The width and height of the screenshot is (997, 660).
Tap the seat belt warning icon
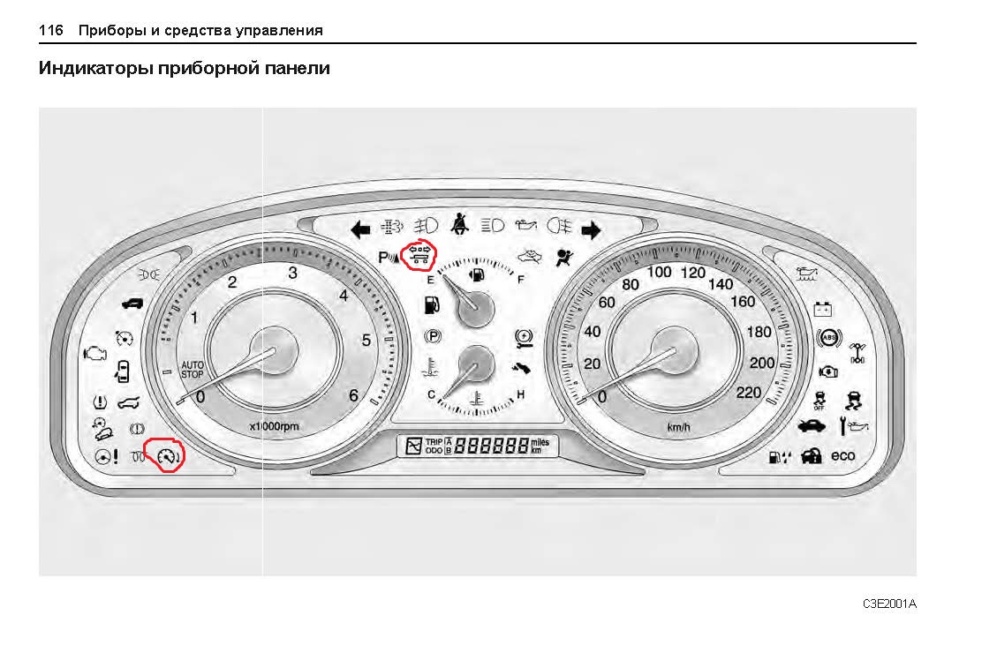[x=459, y=224]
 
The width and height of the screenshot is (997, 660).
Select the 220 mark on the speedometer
[x=748, y=393]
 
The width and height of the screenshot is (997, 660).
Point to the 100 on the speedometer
[x=660, y=272]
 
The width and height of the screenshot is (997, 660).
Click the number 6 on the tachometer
[x=353, y=395]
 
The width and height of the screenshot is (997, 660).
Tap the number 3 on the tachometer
[x=292, y=273]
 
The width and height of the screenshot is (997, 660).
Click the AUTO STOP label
[x=192, y=369]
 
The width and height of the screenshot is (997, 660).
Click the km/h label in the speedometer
[x=679, y=427]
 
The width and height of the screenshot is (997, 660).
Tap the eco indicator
[x=843, y=455]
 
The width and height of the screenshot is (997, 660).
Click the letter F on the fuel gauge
[x=521, y=280]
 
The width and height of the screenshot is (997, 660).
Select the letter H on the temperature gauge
[x=520, y=394]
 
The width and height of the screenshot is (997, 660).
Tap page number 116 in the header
[x=51, y=30]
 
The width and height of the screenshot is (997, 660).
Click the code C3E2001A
[x=889, y=604]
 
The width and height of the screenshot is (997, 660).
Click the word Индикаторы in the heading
[x=94, y=68]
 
